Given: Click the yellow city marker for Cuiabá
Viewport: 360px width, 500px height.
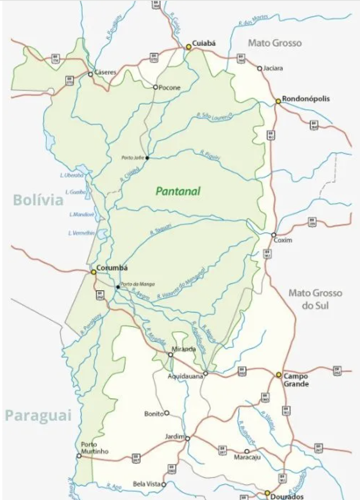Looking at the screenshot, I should (189, 47).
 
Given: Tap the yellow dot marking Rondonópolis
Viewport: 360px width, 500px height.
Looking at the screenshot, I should (278, 101).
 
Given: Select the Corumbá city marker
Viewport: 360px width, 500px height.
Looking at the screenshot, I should (93, 272).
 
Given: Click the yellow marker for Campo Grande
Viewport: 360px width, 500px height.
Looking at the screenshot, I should (279, 375).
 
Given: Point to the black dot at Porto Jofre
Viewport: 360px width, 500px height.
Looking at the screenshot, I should (147, 158).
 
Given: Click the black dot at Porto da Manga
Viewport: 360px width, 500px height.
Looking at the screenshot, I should (118, 287).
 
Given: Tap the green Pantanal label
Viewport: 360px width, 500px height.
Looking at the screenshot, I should (178, 192).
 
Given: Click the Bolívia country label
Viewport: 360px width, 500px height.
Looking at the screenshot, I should (38, 200).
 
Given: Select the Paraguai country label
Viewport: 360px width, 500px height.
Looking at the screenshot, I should (38, 415).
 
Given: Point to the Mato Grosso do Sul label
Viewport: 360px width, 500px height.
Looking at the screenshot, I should (315, 299).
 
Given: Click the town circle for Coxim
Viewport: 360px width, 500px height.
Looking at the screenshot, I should (274, 235).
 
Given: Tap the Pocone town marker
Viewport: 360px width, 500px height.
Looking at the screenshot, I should (156, 87).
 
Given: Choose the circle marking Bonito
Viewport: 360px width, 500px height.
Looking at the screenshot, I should (167, 413).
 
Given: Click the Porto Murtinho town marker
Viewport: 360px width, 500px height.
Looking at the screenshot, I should (79, 456).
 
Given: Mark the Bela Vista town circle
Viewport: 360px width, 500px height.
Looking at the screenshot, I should (163, 484).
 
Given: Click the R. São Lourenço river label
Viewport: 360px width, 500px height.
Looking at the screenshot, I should (214, 115).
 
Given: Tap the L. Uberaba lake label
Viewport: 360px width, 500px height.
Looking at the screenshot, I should (72, 175).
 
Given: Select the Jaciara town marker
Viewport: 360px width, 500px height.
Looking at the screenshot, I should (260, 68).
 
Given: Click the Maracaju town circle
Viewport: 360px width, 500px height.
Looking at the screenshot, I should (247, 451).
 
